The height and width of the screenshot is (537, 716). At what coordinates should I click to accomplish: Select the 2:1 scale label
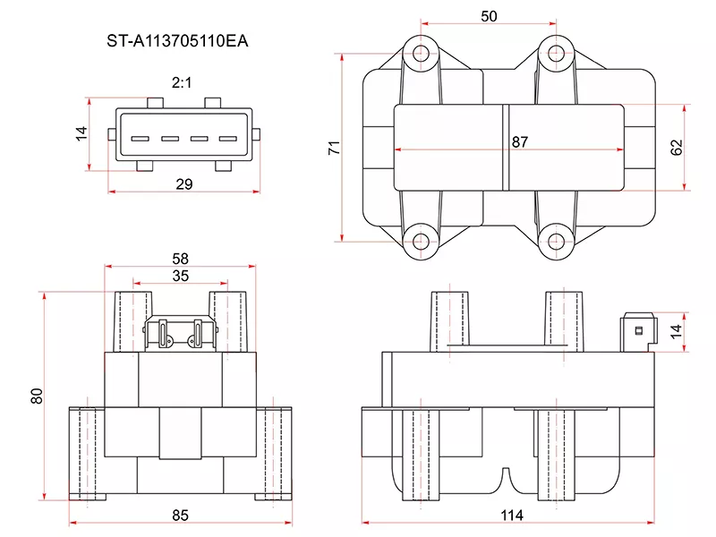[183, 82]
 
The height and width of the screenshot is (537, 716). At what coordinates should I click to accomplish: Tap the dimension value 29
[184, 184]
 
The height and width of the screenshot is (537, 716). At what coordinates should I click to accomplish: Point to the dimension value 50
[488, 16]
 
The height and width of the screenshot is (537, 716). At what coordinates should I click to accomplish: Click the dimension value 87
[520, 142]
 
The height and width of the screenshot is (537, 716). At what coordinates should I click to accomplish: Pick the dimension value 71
[334, 148]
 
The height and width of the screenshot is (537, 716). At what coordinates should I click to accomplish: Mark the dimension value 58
[180, 259]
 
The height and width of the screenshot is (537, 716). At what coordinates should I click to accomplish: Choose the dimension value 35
[180, 277]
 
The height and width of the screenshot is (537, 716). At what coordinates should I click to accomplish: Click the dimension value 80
[37, 396]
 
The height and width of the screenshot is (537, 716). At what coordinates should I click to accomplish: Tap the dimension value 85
[180, 516]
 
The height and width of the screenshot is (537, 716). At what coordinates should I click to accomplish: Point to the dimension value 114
[510, 516]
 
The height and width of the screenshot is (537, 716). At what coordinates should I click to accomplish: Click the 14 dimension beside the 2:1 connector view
[81, 133]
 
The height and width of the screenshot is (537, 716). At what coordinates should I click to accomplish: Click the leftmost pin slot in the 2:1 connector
[140, 139]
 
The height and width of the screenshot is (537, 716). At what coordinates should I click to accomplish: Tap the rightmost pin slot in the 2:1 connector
[228, 139]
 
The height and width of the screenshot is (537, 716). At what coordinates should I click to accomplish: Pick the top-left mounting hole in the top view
[421, 50]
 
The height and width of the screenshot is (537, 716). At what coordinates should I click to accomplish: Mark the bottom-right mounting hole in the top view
[557, 241]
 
